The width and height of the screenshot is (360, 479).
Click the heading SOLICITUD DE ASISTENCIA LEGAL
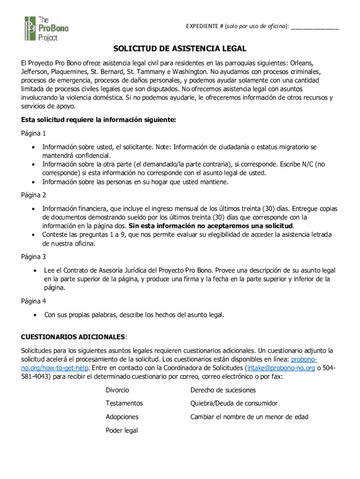(x=180, y=49)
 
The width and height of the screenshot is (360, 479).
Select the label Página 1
(x=33, y=133)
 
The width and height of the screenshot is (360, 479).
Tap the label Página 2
(x=33, y=195)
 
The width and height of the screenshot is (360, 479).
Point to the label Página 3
(x=33, y=256)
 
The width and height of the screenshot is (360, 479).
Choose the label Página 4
(x=33, y=301)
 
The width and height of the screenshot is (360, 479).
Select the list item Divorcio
(x=117, y=390)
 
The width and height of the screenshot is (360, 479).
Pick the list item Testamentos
(x=124, y=403)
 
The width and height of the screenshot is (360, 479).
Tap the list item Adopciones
(x=122, y=417)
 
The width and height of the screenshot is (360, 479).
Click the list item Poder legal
(x=122, y=430)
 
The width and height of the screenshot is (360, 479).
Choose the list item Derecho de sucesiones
(x=223, y=390)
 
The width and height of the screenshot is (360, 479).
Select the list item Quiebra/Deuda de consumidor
(x=234, y=403)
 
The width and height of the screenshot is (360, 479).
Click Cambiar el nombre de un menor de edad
(x=249, y=417)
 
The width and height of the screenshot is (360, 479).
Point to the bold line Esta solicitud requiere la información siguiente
(x=98, y=120)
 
